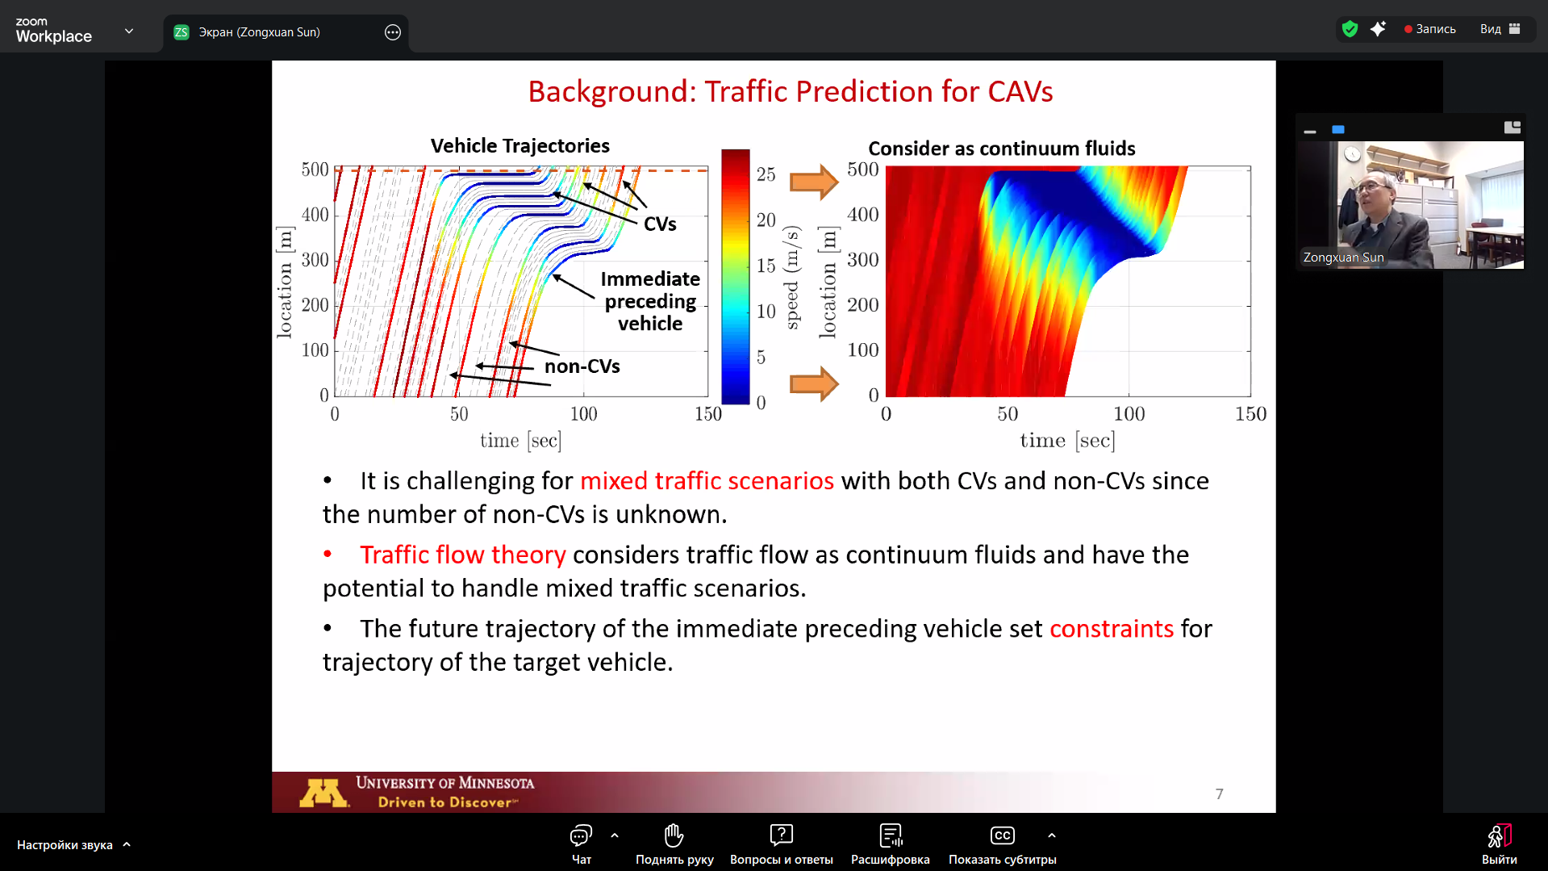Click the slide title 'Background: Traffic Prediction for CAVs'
790,92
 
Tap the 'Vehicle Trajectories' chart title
519,146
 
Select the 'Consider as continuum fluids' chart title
1001,149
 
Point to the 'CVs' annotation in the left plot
660,224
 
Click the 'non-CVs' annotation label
582,366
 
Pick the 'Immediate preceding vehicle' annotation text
650,301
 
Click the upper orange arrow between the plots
814,182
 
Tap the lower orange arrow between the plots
814,383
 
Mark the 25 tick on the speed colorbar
766,174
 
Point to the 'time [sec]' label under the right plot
1067,441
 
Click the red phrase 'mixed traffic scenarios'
707,481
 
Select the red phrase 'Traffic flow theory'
463,555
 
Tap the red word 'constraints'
1112,629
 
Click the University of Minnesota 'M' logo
323,793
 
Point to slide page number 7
1219,794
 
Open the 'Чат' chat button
581,844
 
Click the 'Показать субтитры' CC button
1002,844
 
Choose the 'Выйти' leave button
1499,844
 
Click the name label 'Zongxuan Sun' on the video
1343,258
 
